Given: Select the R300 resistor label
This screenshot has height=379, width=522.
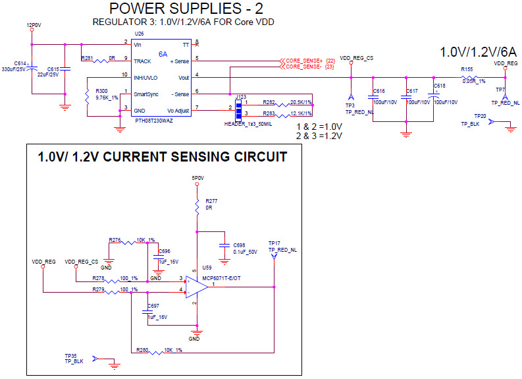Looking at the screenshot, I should (x=101, y=90).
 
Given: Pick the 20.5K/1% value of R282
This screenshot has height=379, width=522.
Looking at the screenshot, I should (x=300, y=103).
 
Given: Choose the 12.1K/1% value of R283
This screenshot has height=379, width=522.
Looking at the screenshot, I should (x=300, y=113).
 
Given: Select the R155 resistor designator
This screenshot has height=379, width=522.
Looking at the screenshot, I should (x=467, y=69).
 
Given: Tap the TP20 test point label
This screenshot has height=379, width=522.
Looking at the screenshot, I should (x=479, y=116).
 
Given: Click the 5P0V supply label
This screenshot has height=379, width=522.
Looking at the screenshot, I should (x=197, y=177).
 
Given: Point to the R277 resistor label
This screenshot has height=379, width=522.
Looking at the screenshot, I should (x=211, y=200).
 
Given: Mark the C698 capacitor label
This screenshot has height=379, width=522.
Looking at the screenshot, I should (x=238, y=245).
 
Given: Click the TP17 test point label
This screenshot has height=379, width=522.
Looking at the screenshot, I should (x=274, y=243).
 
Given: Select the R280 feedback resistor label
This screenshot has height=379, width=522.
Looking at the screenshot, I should (x=142, y=349).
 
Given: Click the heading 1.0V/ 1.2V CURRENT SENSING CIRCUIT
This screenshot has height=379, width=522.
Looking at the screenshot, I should (x=162, y=157).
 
